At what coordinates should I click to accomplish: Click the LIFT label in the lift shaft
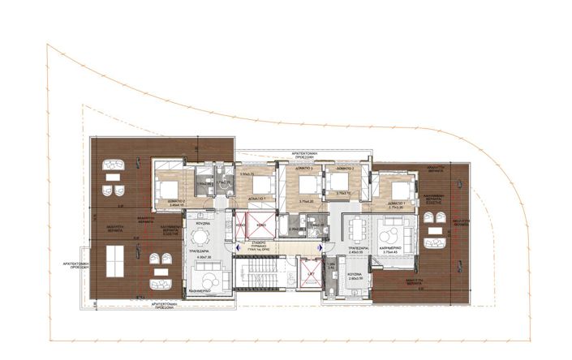pos(310,276)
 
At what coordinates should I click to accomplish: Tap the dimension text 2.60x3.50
pos(355,278)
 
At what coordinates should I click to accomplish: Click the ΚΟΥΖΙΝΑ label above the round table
pos(203,221)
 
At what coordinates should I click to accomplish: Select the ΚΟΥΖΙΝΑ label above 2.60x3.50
pos(355,273)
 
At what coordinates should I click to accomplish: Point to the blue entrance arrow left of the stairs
pos(237,250)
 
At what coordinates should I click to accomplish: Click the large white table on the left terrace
pos(114,261)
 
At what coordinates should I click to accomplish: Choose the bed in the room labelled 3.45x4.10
pos(168,189)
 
